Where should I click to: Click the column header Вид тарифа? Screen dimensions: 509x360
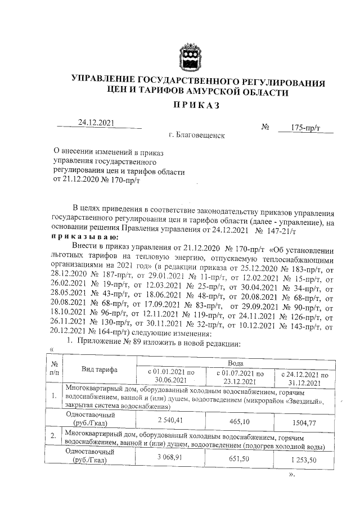click(x=99, y=369)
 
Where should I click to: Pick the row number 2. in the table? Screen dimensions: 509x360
click(x=53, y=435)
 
